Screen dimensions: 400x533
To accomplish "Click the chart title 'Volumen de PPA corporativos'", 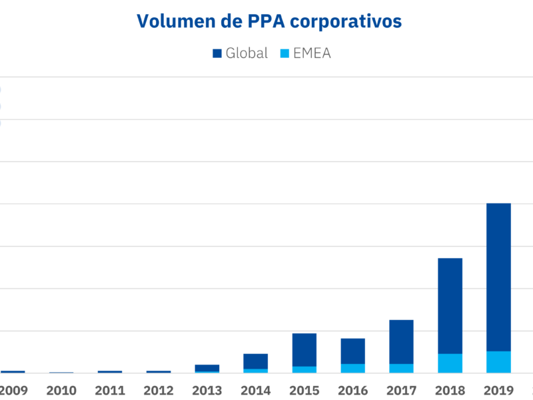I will tap(269, 21).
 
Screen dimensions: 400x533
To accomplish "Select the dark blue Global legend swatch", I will tap(217, 54).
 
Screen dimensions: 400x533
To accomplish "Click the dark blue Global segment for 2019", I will tap(498, 277).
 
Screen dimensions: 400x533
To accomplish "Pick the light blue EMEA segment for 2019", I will tap(498, 362).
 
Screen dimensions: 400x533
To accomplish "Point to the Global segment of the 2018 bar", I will tap(450, 305).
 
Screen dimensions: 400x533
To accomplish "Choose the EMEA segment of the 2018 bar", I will tap(450, 363).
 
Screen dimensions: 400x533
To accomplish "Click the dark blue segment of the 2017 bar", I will tap(401, 341).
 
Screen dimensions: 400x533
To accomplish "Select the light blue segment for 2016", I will tap(352, 368).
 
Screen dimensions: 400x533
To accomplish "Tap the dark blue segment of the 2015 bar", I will tap(304, 349).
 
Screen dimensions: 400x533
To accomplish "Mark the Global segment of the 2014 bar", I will tap(255, 361).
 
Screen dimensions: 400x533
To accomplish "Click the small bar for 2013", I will tap(207, 367).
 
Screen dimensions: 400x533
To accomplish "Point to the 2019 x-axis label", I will tap(498, 391).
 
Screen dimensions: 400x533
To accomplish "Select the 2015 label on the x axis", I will tap(304, 391).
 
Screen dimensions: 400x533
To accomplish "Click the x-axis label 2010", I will tap(61, 391).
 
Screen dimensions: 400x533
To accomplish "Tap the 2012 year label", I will tap(158, 391).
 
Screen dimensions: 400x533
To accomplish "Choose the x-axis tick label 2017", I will tap(401, 391).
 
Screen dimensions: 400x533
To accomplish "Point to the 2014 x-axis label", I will tap(255, 391).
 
